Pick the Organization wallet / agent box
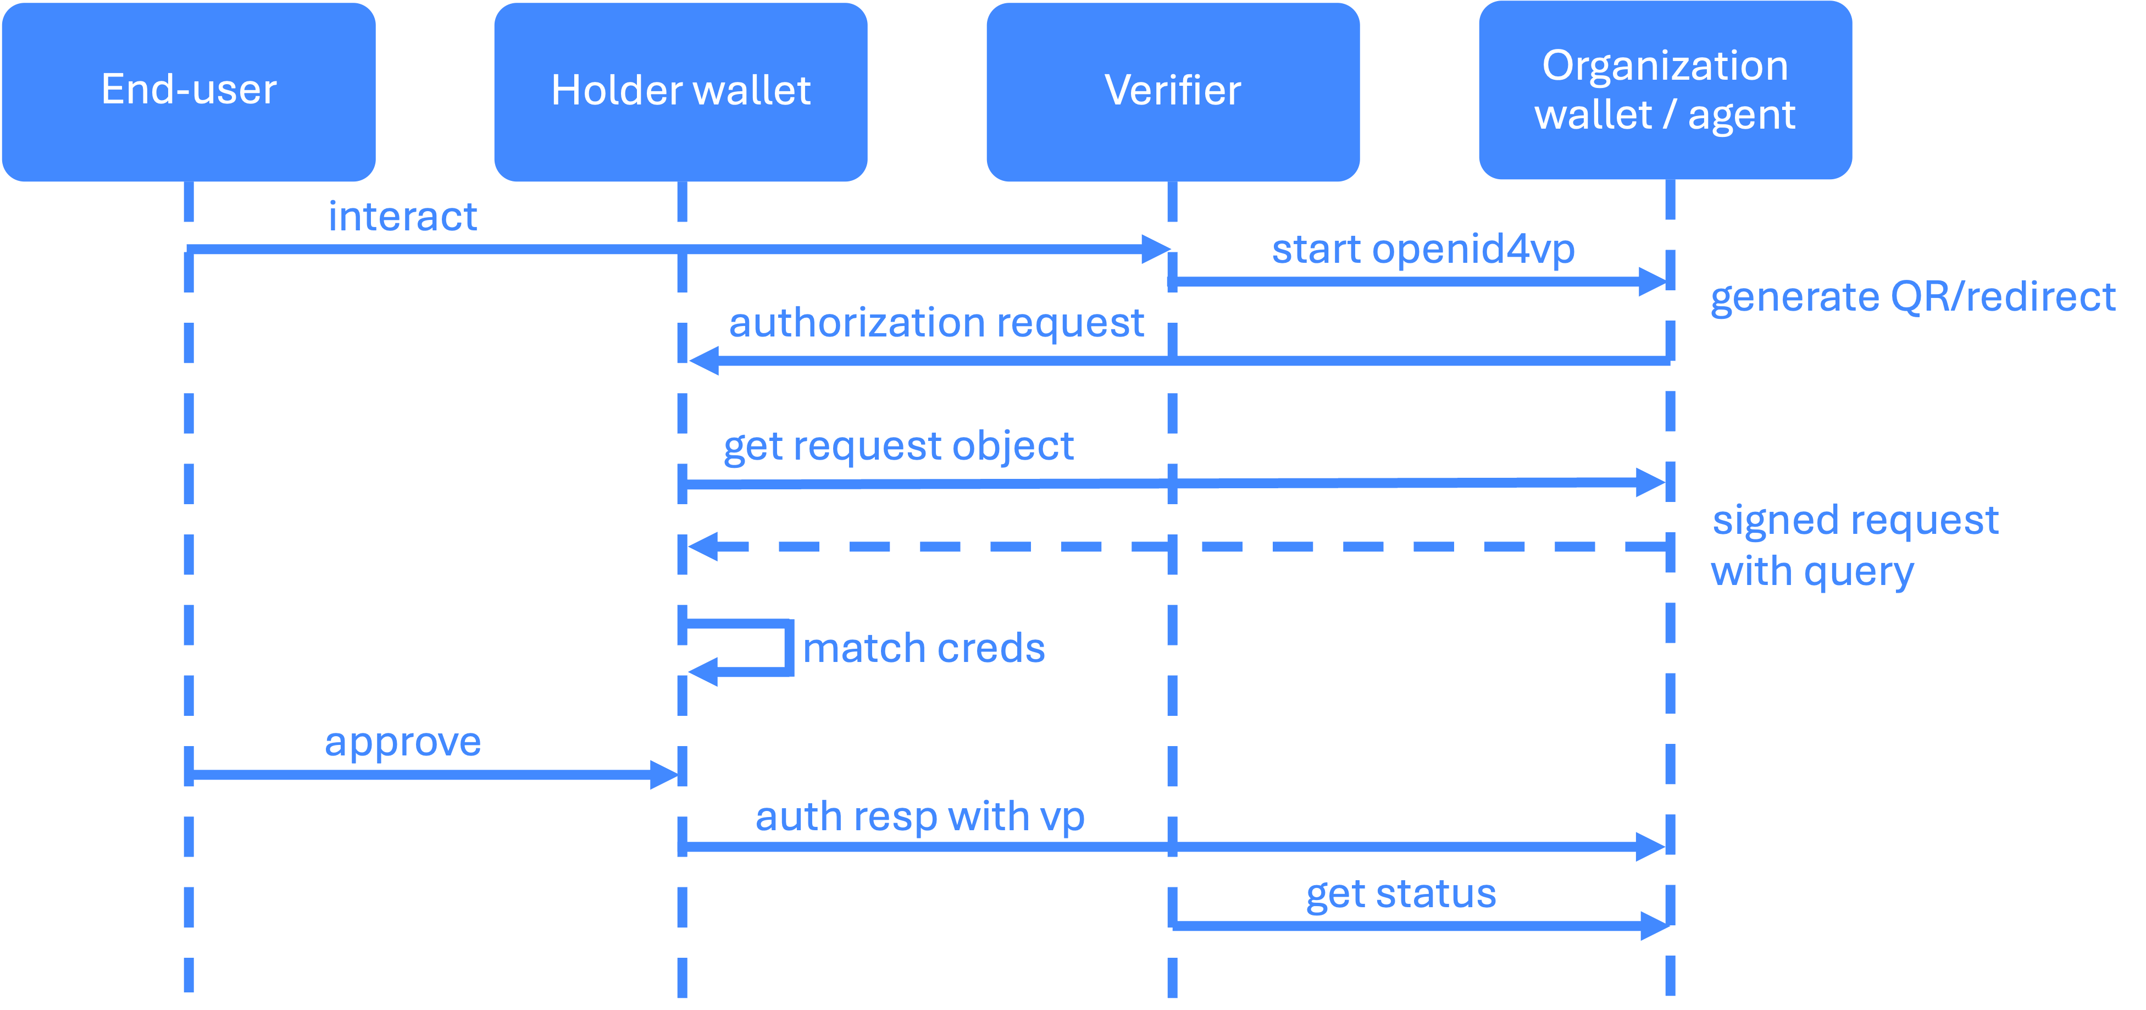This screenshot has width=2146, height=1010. pyautogui.click(x=1665, y=90)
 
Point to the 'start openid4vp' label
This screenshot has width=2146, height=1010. pyautogui.click(x=1423, y=249)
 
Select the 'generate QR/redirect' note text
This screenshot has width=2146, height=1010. pyautogui.click(x=1913, y=297)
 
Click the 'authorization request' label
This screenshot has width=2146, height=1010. pyautogui.click(x=936, y=323)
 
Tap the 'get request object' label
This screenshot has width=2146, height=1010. pyautogui.click(x=898, y=446)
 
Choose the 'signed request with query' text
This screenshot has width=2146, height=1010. pyautogui.click(x=1854, y=546)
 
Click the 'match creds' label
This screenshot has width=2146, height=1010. pyautogui.click(x=924, y=648)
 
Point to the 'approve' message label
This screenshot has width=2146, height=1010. pyautogui.click(x=402, y=742)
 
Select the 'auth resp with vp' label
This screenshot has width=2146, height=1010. pyautogui.click(x=920, y=816)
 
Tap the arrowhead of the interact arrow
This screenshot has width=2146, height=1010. pyautogui.click(x=1156, y=249)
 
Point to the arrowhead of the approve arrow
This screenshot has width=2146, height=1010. pyautogui.click(x=665, y=774)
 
